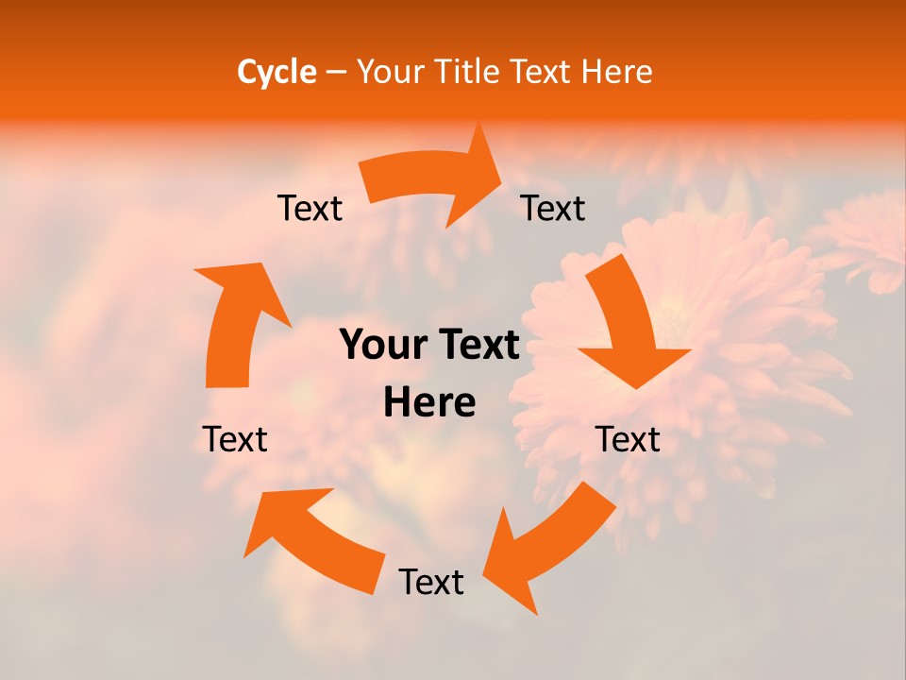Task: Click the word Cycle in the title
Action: pyautogui.click(x=277, y=72)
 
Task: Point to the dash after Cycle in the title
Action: pyautogui.click(x=336, y=73)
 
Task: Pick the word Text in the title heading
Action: pyautogui.click(x=543, y=72)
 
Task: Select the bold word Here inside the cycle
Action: pyautogui.click(x=429, y=403)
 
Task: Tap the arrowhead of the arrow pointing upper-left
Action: pyautogui.click(x=278, y=519)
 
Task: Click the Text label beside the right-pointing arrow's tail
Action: pyautogui.click(x=310, y=209)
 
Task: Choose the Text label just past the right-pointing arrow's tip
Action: pyautogui.click(x=553, y=209)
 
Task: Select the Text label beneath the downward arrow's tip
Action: pyautogui.click(x=629, y=439)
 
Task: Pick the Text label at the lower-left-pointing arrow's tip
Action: pyautogui.click(x=431, y=583)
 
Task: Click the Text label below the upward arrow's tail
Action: pyautogui.click(x=235, y=439)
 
